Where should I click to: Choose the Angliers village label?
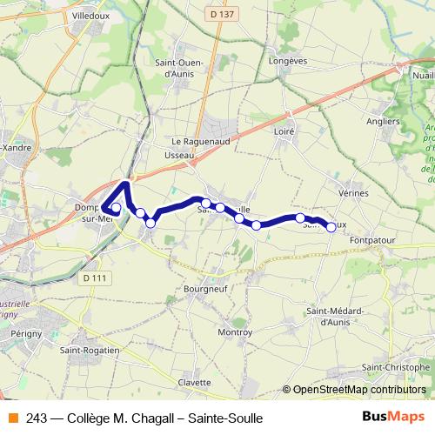(x=383, y=121)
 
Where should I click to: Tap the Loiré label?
(x=285, y=130)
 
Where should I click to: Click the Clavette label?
(x=194, y=383)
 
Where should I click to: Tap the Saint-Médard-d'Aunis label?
(x=335, y=316)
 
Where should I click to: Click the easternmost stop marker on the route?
(x=331, y=227)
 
